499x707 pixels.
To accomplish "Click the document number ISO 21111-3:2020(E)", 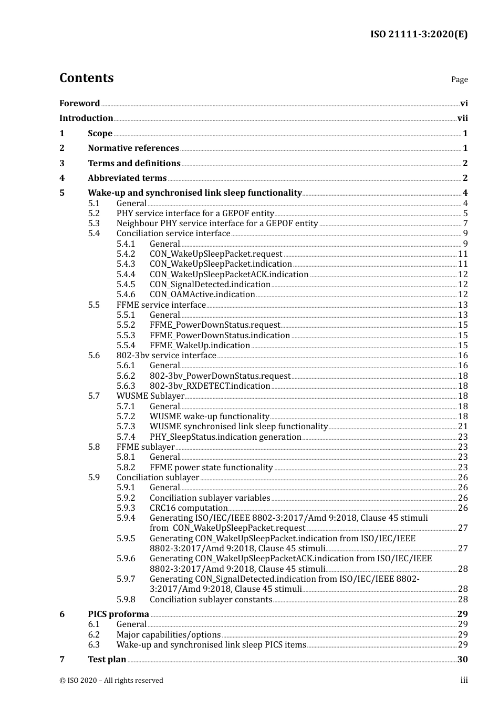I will pos(419,34).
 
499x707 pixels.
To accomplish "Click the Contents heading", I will pos(86,78).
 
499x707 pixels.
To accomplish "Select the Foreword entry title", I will pos(79,103).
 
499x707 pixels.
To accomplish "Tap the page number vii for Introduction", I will pos(462,118).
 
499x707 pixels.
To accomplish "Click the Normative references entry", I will pos(133,148).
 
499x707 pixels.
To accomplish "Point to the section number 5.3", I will pos(93,223).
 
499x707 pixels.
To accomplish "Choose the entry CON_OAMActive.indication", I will pos(202,295).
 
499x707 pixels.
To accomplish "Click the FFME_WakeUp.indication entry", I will pos(200,346).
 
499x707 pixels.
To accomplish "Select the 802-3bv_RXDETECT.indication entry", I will pos(210,386).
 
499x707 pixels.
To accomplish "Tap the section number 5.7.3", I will pos(126,427).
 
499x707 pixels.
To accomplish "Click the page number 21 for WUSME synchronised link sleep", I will pos(462,427).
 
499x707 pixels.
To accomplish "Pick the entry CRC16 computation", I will pos(189,508).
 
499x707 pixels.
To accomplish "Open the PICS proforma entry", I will pos(118,614).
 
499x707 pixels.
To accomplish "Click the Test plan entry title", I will pos(107,660).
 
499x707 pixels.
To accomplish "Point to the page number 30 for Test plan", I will pos(462,660).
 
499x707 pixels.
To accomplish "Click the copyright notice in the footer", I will pos(111,680).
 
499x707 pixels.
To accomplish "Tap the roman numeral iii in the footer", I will pos(464,680).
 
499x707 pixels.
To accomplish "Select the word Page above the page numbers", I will pos(459,79).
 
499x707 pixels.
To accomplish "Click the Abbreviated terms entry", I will pos(127,178).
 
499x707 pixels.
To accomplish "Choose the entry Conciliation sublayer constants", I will pos(211,600).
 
